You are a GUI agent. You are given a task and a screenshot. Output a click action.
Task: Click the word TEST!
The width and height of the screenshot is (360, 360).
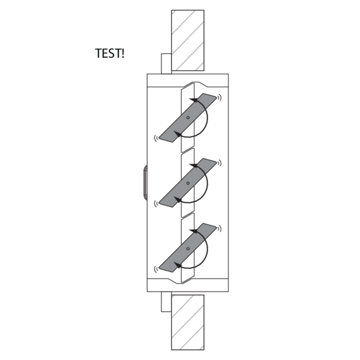[x=110, y=53]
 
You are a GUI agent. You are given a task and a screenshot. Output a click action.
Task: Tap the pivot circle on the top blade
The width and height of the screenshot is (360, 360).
[x=188, y=118]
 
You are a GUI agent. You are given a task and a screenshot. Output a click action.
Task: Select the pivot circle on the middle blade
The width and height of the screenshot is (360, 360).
[x=188, y=183]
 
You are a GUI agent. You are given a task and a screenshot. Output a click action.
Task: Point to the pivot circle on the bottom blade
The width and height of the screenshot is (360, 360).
[x=188, y=248]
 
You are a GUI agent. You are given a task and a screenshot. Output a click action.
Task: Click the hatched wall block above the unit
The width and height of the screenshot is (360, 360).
[x=188, y=40]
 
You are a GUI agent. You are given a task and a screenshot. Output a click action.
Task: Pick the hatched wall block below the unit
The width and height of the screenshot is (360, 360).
[x=188, y=322]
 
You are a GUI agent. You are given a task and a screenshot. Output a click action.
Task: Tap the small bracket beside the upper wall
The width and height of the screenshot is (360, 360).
[x=166, y=64]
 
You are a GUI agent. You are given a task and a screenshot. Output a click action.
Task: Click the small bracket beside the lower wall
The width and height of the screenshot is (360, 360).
[x=166, y=302]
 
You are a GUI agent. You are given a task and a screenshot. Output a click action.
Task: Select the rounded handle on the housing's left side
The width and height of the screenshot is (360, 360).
[x=145, y=182]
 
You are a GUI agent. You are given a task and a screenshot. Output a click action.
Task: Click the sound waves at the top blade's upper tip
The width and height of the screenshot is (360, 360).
[x=220, y=97]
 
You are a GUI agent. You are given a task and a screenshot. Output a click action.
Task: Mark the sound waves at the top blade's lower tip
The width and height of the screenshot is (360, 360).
[x=156, y=138]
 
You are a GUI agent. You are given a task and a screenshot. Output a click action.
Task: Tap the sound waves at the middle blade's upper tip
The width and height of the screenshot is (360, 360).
[x=220, y=163]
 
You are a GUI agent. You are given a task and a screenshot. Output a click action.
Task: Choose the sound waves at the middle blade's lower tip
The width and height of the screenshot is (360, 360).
[x=156, y=203]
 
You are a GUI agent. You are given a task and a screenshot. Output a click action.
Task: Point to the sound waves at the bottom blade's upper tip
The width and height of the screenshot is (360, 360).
[x=220, y=229]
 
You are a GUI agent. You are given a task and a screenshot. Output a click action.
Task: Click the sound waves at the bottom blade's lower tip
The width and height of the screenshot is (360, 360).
[x=156, y=269]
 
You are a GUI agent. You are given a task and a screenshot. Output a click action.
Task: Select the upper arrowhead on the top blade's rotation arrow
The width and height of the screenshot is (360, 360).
[x=194, y=100]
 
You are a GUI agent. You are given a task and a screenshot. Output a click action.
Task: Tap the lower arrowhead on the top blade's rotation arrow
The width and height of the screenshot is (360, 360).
[x=177, y=134]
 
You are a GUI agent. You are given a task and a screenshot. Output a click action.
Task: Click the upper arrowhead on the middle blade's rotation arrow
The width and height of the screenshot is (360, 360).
[x=194, y=166]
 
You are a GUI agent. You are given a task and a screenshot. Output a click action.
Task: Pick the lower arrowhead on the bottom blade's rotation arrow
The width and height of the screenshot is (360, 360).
[x=177, y=265]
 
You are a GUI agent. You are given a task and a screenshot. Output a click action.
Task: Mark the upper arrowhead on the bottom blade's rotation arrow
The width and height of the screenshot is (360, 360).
[x=194, y=231]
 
